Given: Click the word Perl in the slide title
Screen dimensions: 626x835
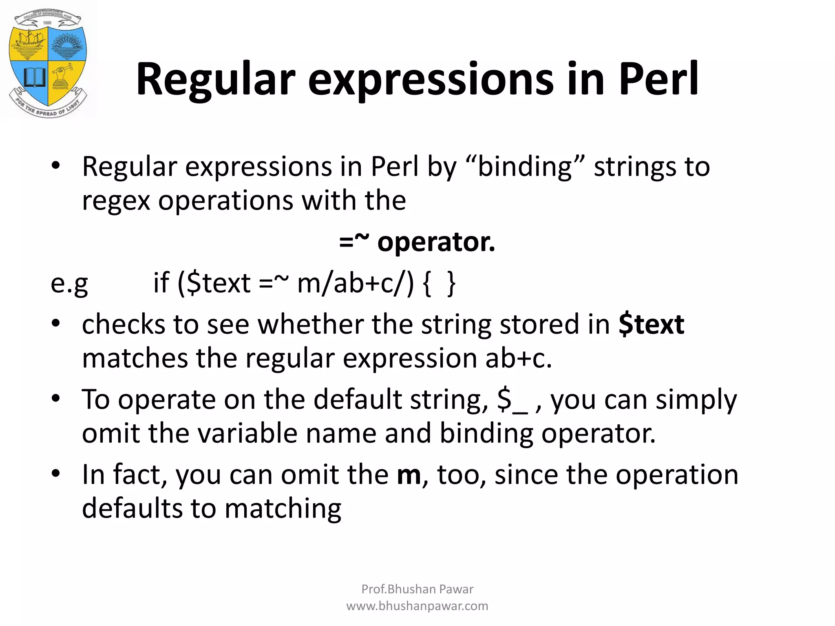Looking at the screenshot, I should coord(658,79).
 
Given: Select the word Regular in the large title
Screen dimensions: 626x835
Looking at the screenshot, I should coord(216,79).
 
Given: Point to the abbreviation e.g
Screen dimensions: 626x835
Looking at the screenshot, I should coord(69,283).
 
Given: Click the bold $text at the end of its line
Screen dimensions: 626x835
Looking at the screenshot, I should coord(651,325).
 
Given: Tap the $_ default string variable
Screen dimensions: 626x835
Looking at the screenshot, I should coord(512,400).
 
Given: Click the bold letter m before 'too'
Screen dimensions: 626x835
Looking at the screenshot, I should coord(409,475).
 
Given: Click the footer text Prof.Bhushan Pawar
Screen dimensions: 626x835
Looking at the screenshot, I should coord(417,589).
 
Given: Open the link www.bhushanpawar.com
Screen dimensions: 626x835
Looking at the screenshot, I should coord(417,606).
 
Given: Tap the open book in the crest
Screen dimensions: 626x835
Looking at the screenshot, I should coord(34,77).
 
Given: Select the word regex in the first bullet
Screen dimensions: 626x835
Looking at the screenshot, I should coord(116,201).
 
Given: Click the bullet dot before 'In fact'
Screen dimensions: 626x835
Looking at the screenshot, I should coord(56,474).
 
